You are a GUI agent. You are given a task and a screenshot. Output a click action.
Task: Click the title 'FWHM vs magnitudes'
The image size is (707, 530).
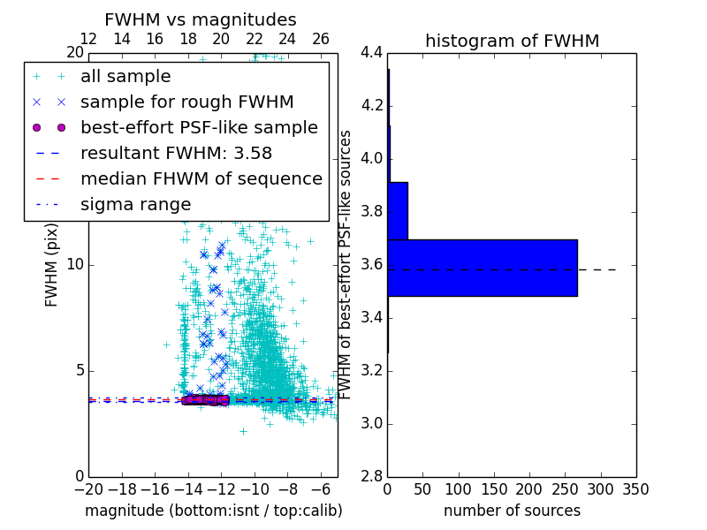pyautogui.click(x=200, y=20)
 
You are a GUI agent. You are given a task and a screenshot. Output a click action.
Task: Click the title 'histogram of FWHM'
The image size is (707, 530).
pyautogui.click(x=512, y=41)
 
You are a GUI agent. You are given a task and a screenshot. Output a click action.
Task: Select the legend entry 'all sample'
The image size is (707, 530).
pyautogui.click(x=125, y=77)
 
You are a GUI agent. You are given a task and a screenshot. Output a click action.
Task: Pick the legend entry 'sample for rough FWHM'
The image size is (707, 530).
pyautogui.click(x=186, y=102)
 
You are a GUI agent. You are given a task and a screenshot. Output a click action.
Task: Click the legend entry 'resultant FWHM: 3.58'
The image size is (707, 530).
pyautogui.click(x=176, y=153)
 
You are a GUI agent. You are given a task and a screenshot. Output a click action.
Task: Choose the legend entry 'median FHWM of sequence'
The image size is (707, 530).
pyautogui.click(x=201, y=178)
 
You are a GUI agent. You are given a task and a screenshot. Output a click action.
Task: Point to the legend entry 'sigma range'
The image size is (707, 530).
pyautogui.click(x=135, y=204)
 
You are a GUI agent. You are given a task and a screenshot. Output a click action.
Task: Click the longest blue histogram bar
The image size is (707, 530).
pyautogui.click(x=483, y=268)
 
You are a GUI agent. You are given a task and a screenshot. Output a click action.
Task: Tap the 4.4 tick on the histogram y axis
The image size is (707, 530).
pyautogui.click(x=371, y=53)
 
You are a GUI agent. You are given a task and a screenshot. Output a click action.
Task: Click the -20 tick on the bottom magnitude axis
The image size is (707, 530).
pyautogui.click(x=88, y=488)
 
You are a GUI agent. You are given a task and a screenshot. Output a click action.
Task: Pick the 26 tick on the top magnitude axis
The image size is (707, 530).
pyautogui.click(x=321, y=39)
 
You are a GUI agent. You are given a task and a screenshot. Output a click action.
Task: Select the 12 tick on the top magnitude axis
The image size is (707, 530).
pyautogui.click(x=88, y=39)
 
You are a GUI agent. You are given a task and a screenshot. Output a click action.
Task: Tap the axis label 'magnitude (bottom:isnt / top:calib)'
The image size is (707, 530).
pyautogui.click(x=213, y=511)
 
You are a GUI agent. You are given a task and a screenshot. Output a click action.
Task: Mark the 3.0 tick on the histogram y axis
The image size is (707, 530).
pyautogui.click(x=371, y=423)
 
